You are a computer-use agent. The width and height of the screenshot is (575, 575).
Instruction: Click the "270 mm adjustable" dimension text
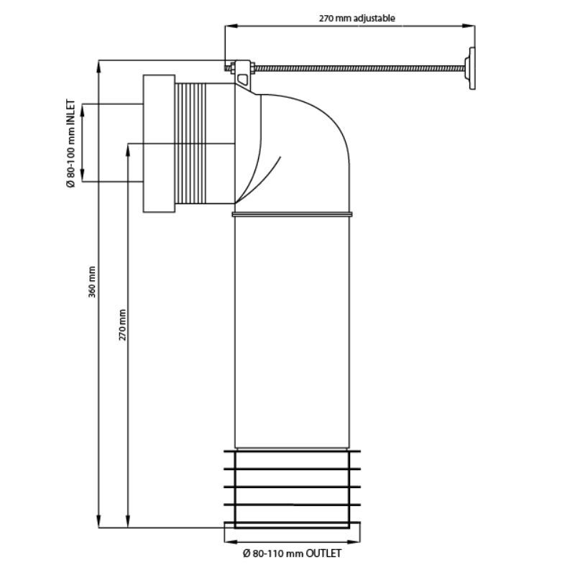357,18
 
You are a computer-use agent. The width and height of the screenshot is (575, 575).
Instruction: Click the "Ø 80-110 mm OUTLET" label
292,553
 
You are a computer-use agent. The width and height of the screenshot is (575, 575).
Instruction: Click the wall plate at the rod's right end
471,69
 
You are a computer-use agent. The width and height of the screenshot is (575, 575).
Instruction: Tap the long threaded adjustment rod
359,69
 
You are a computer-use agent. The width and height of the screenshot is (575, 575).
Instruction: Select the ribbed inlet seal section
205,144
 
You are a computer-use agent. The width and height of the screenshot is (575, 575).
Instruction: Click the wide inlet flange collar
159,144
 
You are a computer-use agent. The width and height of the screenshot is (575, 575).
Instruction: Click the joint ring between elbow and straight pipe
292,213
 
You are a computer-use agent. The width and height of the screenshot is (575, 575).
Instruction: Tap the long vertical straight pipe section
292,323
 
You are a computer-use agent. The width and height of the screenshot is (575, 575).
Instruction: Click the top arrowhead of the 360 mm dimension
99,65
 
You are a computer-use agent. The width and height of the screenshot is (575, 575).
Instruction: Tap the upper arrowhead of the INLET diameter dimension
83,109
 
